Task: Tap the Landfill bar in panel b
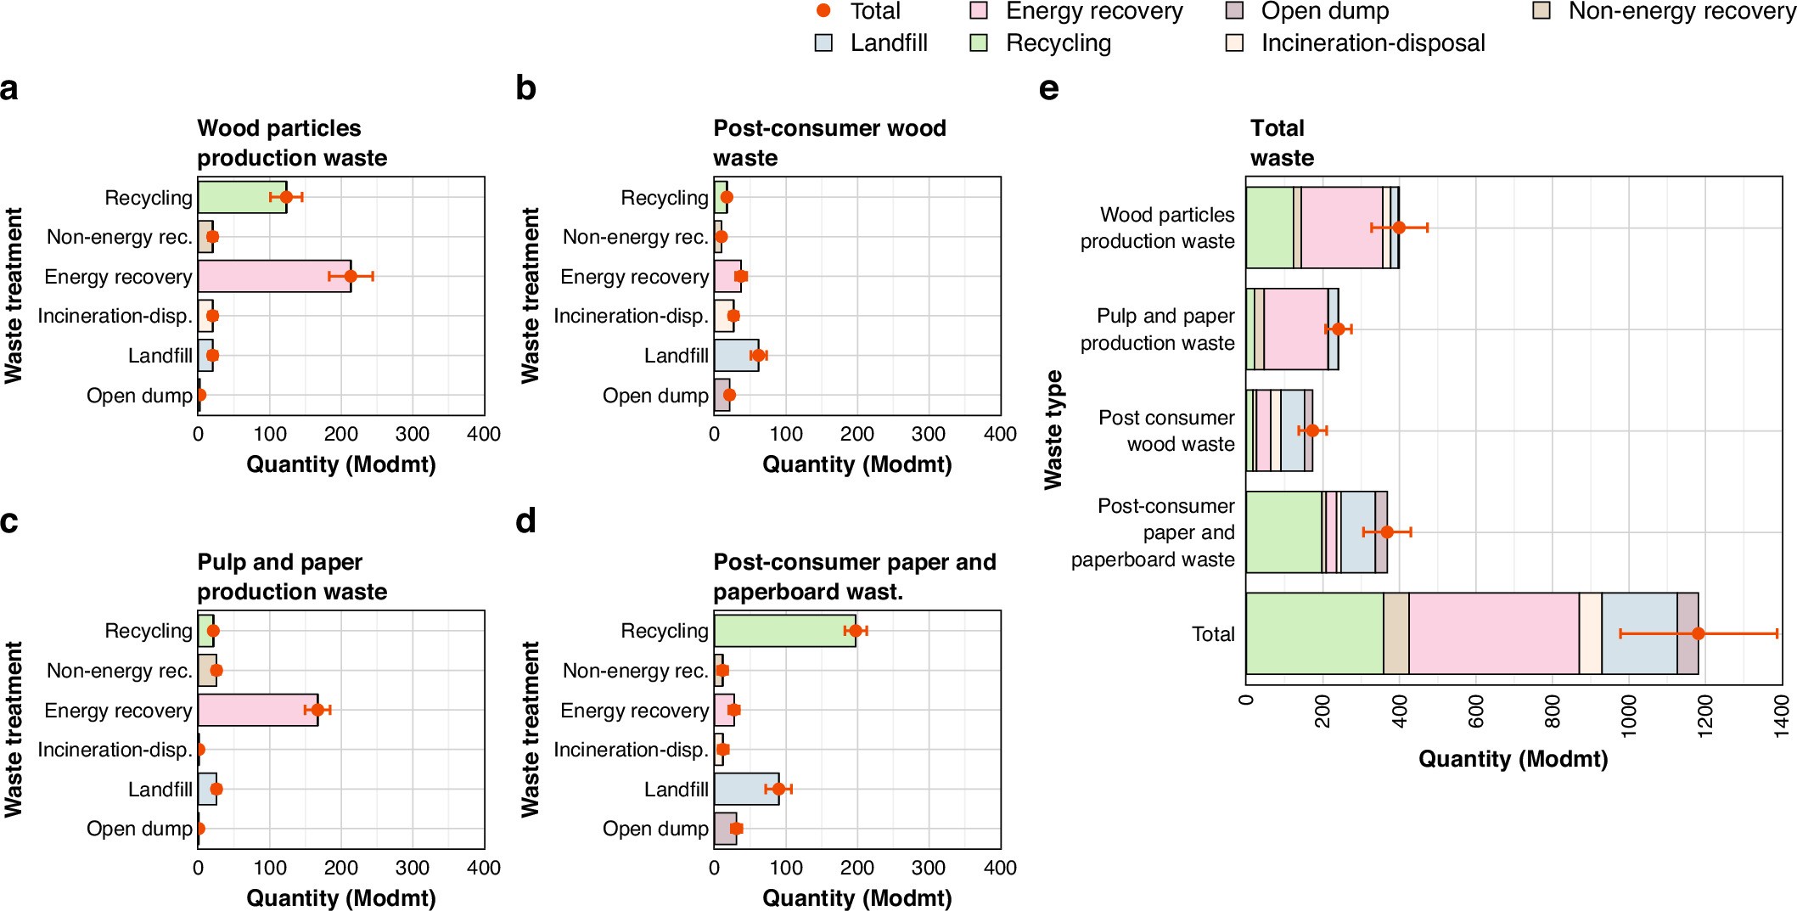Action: point(736,356)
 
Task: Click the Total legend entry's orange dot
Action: point(823,11)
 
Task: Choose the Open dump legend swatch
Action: point(1235,11)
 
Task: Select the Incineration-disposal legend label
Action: point(1373,43)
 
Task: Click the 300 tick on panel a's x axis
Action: point(413,435)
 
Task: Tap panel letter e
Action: point(1049,88)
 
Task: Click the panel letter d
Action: point(526,520)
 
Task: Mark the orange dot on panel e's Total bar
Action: point(1698,633)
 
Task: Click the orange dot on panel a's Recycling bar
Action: point(286,197)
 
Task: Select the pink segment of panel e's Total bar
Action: point(1494,633)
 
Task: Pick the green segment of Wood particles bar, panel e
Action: point(1270,228)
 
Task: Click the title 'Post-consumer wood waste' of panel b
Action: point(829,143)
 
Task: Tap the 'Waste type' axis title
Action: point(1053,430)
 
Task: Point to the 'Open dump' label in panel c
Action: point(139,829)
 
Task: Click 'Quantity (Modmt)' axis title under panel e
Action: point(1513,759)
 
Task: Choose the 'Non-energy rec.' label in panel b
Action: point(635,237)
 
